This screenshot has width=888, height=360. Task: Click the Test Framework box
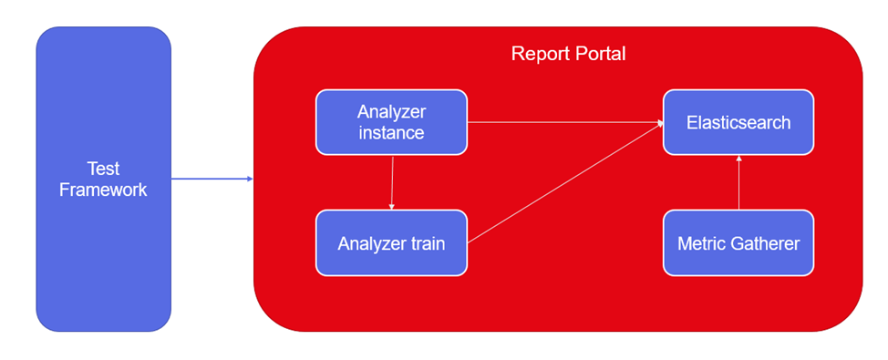(104, 179)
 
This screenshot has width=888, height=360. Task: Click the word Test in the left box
(104, 169)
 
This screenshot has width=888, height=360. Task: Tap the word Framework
(104, 190)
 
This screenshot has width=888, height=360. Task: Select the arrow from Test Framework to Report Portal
(212, 179)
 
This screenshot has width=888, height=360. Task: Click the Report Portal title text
(569, 54)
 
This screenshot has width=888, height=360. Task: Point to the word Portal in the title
(601, 54)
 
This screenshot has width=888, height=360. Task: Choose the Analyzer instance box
(391, 122)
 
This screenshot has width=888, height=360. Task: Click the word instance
(391, 132)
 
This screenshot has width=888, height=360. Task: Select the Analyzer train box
(391, 242)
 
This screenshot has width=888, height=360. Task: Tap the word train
(425, 243)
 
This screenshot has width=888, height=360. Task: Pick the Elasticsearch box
(738, 122)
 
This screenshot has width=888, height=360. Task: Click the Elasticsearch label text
(738, 123)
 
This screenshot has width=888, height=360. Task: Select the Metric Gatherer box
(738, 242)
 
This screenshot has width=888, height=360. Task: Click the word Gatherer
(764, 243)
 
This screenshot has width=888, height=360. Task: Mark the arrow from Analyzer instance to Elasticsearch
(565, 122)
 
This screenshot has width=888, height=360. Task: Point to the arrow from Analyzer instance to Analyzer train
(391, 182)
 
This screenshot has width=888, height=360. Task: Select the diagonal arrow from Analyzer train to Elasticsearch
(565, 183)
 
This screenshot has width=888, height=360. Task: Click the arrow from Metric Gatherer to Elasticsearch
(738, 182)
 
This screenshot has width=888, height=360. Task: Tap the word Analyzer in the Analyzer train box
(369, 243)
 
